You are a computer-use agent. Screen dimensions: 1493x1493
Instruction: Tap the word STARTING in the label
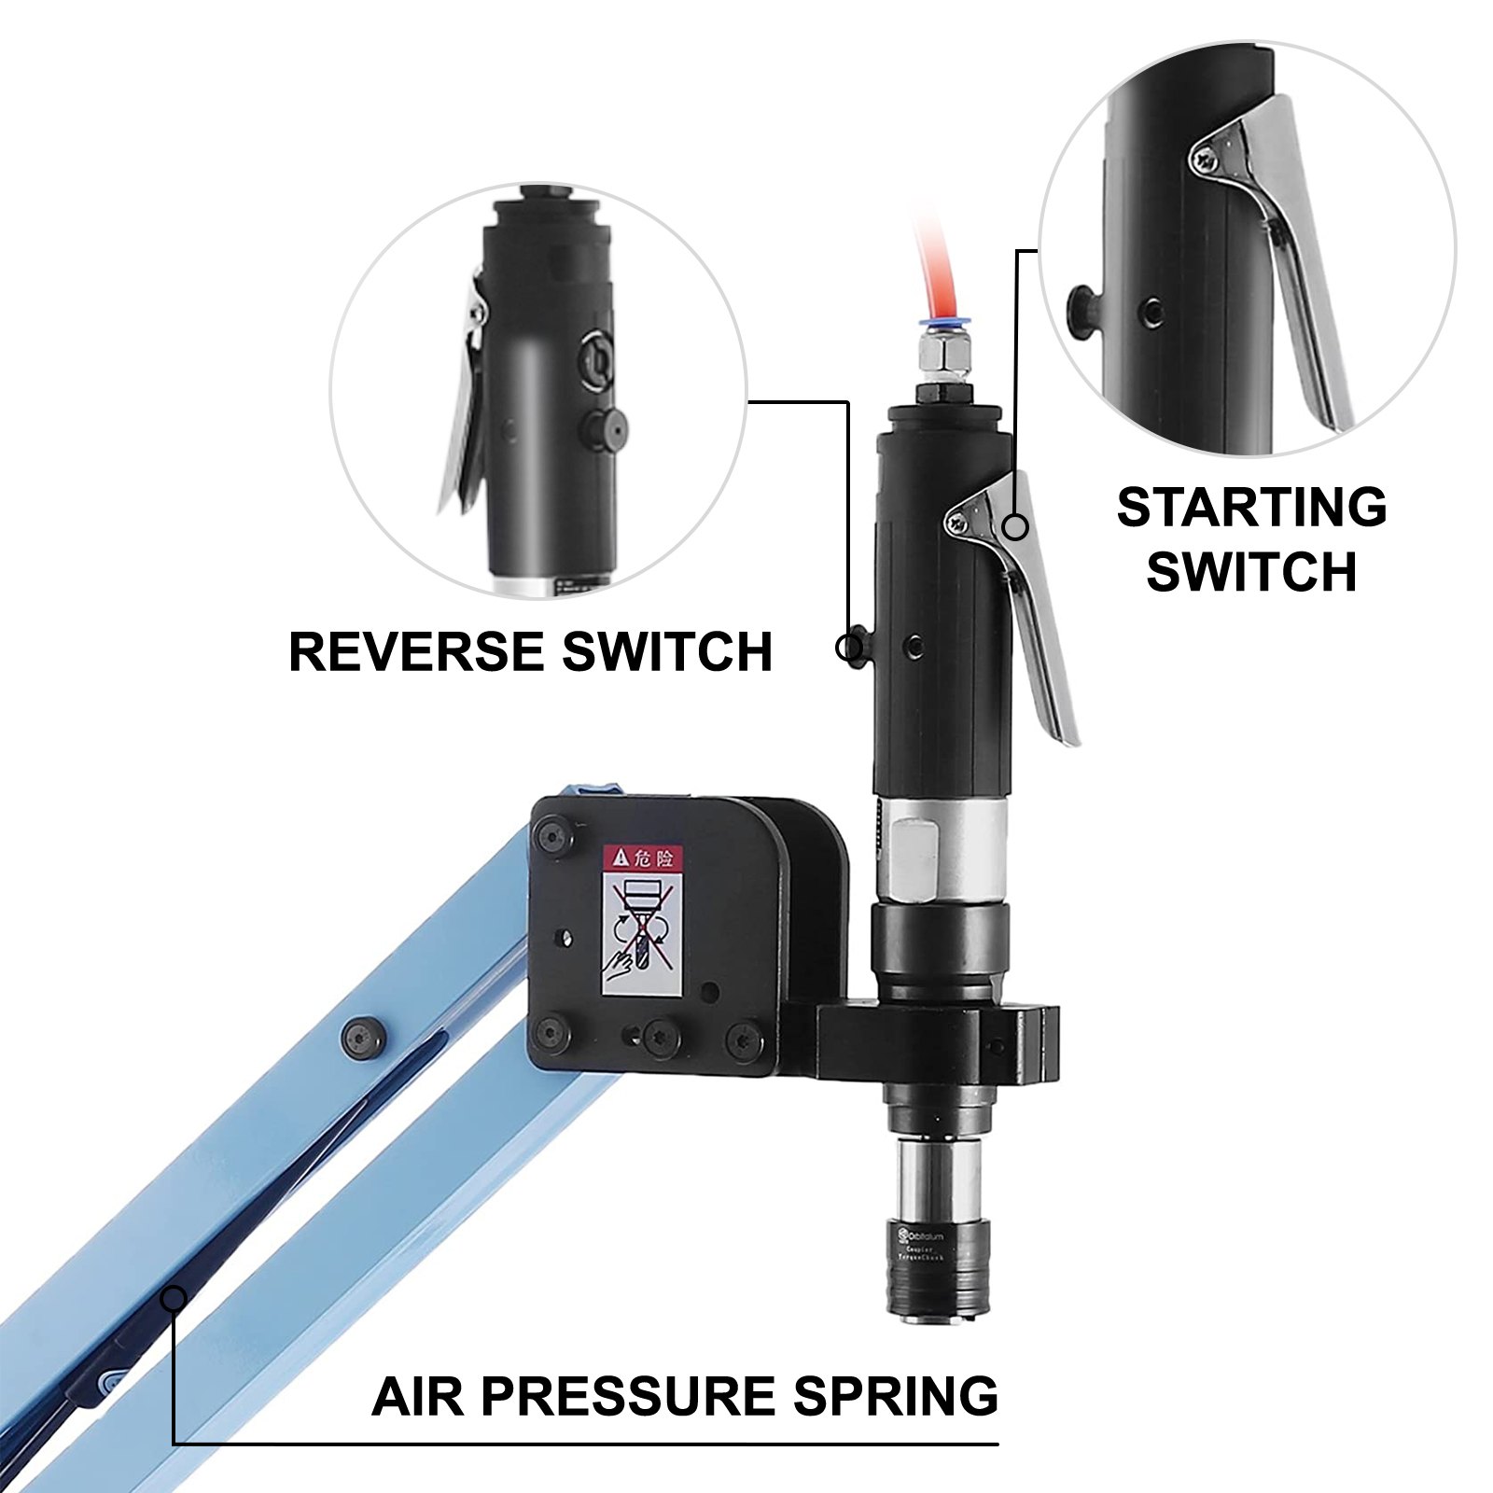(x=1251, y=507)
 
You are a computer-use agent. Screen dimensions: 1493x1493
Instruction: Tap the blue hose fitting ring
(x=932, y=327)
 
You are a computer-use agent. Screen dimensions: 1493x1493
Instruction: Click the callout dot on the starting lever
(x=1015, y=526)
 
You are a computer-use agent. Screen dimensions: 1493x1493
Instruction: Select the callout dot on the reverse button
(x=850, y=646)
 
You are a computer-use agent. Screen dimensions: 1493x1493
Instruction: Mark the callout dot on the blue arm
(x=174, y=1297)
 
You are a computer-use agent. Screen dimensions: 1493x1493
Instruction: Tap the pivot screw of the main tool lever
(x=959, y=523)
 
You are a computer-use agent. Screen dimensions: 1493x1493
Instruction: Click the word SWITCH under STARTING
(x=1251, y=571)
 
